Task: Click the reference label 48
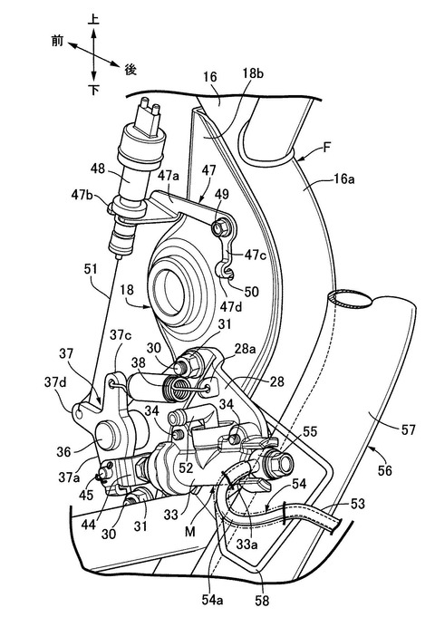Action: coord(98,169)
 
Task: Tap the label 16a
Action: coord(343,179)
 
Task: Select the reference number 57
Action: coord(408,429)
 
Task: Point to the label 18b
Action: coord(253,74)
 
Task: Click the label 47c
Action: coord(255,255)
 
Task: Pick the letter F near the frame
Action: coord(326,148)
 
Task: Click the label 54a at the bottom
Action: coord(213,600)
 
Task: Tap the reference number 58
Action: coord(262,601)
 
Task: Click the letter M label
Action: coord(190,532)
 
